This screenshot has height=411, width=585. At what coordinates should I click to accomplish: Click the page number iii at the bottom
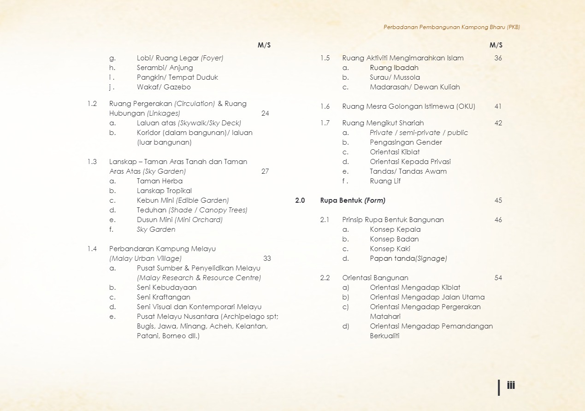click(x=511, y=385)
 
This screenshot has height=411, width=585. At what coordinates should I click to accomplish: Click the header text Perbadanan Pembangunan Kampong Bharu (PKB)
click(x=451, y=27)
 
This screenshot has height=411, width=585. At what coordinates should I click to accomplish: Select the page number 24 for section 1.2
click(x=265, y=113)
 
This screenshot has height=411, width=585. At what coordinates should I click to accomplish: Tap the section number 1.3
click(x=92, y=162)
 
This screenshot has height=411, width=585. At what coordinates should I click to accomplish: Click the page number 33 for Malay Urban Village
click(x=267, y=258)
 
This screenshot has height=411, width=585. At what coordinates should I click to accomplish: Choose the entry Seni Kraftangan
click(x=163, y=297)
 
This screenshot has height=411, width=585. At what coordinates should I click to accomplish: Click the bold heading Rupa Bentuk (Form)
click(x=353, y=200)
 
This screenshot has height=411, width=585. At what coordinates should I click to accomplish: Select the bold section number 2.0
click(x=300, y=200)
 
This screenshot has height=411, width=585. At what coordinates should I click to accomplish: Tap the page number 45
click(x=498, y=200)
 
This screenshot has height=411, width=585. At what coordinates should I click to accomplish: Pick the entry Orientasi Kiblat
click(x=395, y=152)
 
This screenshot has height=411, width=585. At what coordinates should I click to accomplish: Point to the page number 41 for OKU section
click(x=498, y=106)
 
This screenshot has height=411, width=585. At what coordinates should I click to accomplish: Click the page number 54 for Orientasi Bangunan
click(x=498, y=278)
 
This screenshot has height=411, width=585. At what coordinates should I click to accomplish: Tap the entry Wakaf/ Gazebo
click(x=164, y=87)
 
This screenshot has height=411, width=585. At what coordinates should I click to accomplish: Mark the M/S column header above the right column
click(x=496, y=45)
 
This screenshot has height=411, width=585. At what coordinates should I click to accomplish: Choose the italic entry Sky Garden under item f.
click(x=156, y=229)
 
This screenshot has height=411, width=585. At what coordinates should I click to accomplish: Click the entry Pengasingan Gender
click(x=406, y=142)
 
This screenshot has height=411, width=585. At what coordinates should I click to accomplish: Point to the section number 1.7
click(x=325, y=123)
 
